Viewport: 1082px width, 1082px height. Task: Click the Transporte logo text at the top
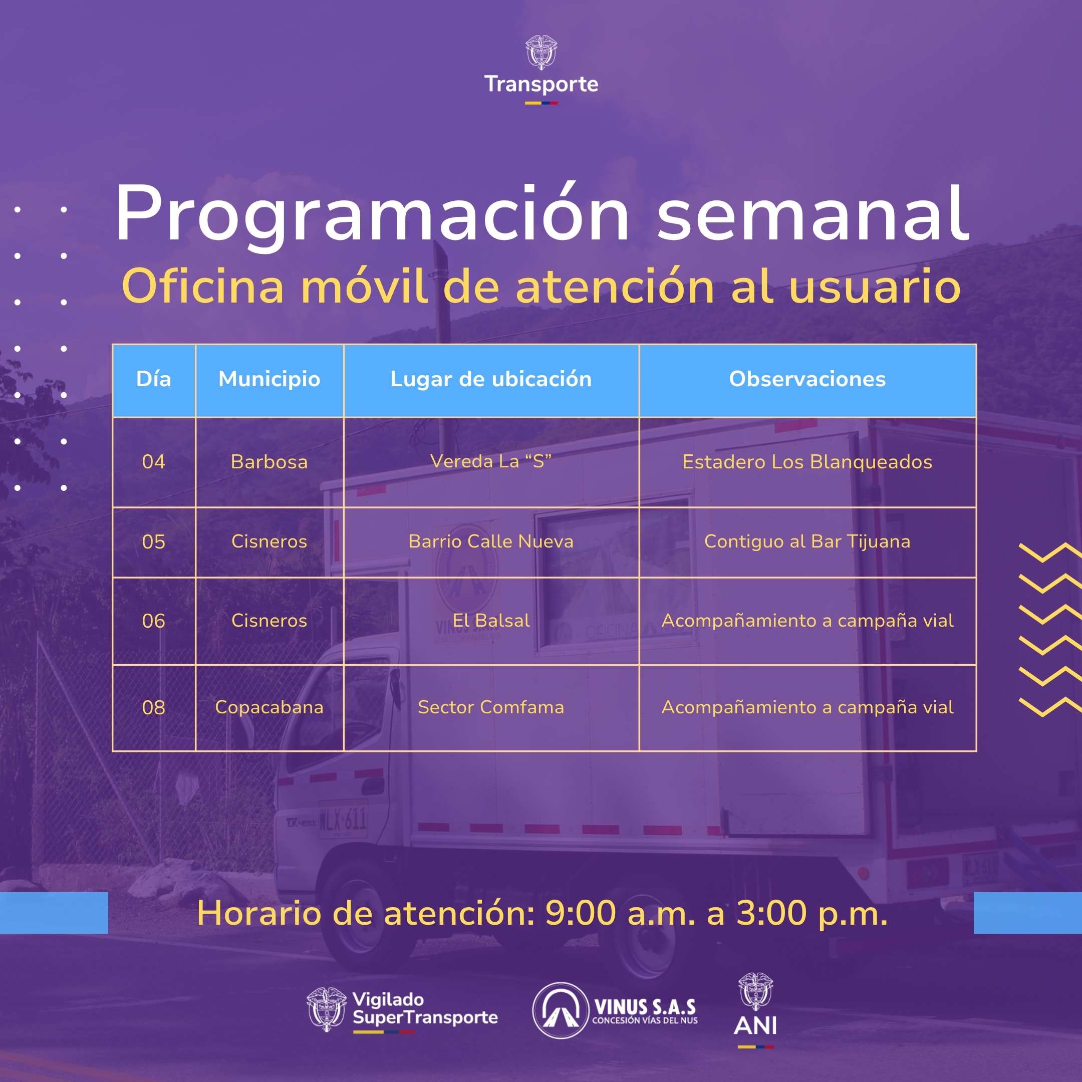pyautogui.click(x=541, y=84)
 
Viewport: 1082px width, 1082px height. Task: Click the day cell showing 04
pyautogui.click(x=153, y=462)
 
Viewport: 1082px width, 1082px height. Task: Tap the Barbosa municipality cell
pyautogui.click(x=269, y=462)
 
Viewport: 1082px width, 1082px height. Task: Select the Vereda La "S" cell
pyautogui.click(x=490, y=461)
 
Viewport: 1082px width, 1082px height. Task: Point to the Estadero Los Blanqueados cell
pyautogui.click(x=807, y=462)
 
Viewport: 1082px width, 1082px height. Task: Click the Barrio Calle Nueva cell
pyautogui.click(x=490, y=542)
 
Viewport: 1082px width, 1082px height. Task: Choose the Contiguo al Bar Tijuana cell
pyautogui.click(x=807, y=542)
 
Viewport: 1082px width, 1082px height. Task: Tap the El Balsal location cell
pyautogui.click(x=490, y=621)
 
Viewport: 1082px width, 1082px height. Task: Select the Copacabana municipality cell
pyautogui.click(x=269, y=707)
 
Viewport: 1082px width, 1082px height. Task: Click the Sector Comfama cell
pyautogui.click(x=490, y=707)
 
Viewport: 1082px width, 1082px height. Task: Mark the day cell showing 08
pyautogui.click(x=153, y=708)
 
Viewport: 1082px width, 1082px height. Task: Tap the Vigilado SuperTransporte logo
pyautogui.click(x=402, y=1010)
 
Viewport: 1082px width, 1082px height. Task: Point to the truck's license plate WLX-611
pyautogui.click(x=343, y=821)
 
